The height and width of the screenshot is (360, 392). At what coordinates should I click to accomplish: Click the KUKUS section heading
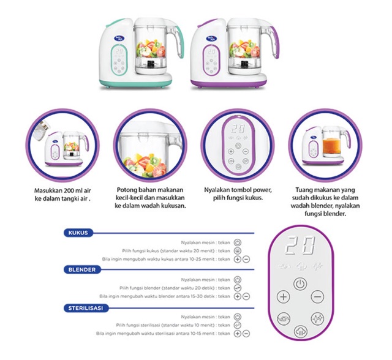[78, 233]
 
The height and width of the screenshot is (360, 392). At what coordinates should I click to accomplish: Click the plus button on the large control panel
[284, 296]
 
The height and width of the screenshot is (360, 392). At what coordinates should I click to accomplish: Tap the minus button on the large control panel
[317, 296]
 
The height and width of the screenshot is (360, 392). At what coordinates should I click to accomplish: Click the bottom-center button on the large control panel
[300, 331]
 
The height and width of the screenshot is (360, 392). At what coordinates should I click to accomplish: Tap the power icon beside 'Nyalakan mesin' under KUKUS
[238, 242]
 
